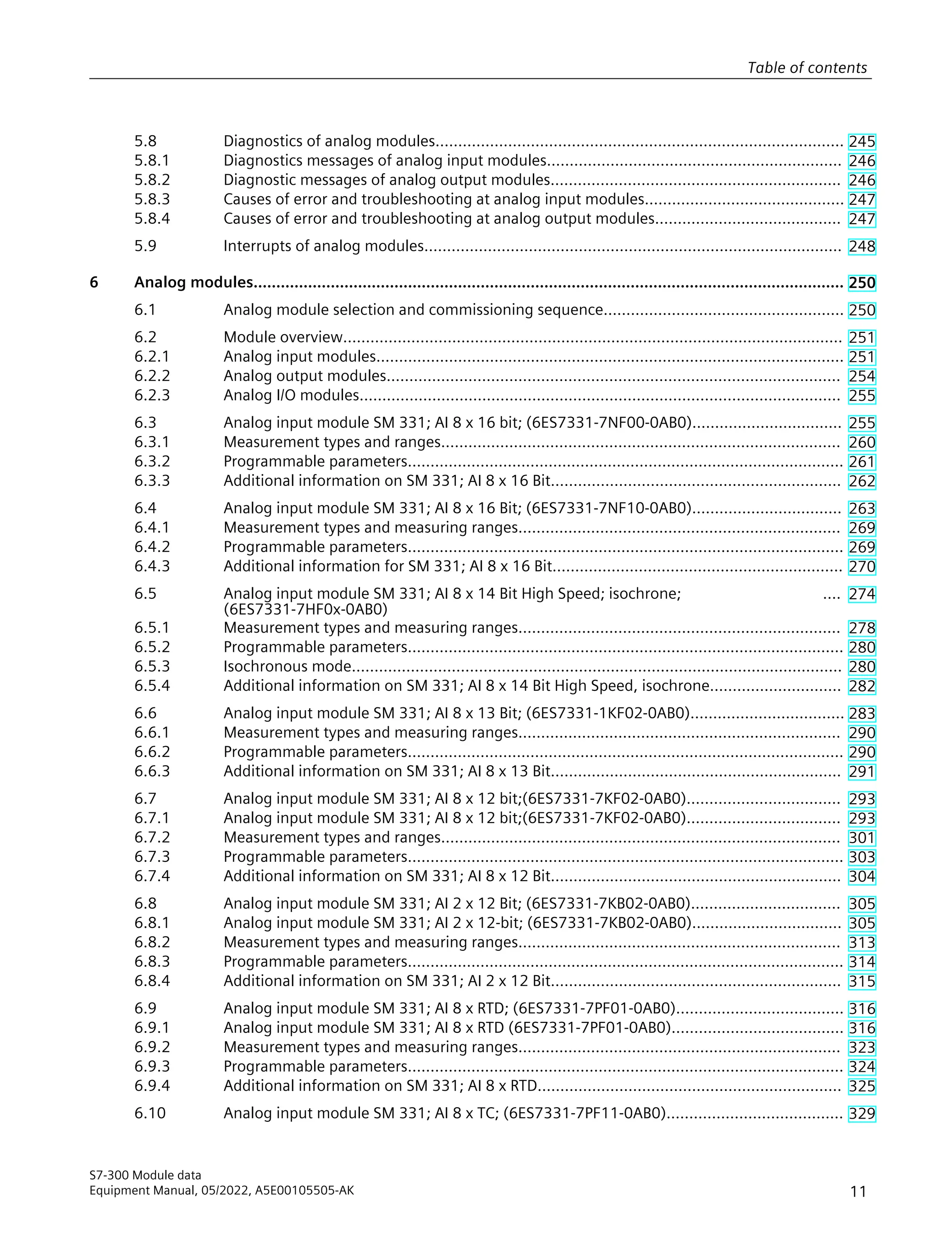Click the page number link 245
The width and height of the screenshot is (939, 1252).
(x=862, y=142)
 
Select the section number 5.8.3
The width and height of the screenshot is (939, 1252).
(x=152, y=199)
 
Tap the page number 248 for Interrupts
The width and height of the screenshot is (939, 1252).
(x=862, y=247)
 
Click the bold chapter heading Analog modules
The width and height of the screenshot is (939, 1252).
(x=193, y=282)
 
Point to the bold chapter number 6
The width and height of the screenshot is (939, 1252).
(x=94, y=282)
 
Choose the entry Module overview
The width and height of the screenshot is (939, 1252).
(x=283, y=337)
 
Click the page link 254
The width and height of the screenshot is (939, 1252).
(x=862, y=376)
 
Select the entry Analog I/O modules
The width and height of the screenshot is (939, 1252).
(x=292, y=395)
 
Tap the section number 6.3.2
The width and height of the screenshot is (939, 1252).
(x=152, y=461)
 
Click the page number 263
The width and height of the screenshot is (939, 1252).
(x=862, y=509)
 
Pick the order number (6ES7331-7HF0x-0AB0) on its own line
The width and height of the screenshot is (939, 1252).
(x=306, y=609)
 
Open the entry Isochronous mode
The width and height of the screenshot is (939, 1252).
(x=287, y=666)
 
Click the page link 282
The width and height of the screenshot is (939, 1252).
(x=862, y=687)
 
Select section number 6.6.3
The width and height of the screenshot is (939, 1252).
(x=152, y=771)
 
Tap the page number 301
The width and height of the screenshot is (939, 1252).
(x=862, y=838)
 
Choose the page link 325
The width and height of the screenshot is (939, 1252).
(x=862, y=1086)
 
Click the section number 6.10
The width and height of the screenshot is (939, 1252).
(x=150, y=1114)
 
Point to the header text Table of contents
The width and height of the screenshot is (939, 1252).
(x=806, y=68)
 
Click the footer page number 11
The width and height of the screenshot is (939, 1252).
(x=858, y=1191)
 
